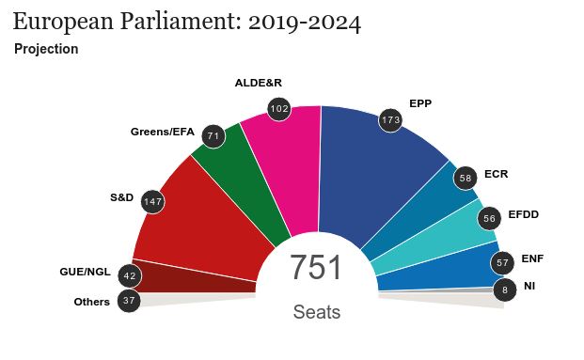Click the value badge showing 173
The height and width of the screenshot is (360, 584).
[x=390, y=120]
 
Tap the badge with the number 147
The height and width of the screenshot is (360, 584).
[x=152, y=201]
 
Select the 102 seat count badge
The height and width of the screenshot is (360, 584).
[x=278, y=109]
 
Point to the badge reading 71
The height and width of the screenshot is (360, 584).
[x=213, y=136]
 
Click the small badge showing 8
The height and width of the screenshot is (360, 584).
[x=505, y=290]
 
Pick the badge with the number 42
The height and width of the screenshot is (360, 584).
[x=130, y=276]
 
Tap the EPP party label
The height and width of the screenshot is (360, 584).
[x=420, y=103]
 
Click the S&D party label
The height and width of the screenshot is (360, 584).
[x=122, y=197]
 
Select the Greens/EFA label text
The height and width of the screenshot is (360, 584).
[x=162, y=132]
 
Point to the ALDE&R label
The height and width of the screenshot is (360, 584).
[x=259, y=83]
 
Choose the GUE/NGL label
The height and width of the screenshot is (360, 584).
[x=85, y=272]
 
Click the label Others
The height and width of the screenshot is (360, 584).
[x=92, y=302]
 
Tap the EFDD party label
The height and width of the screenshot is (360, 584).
[x=523, y=215]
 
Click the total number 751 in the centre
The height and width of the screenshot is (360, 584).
[x=316, y=269]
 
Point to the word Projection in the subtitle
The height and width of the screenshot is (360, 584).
[x=46, y=49]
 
